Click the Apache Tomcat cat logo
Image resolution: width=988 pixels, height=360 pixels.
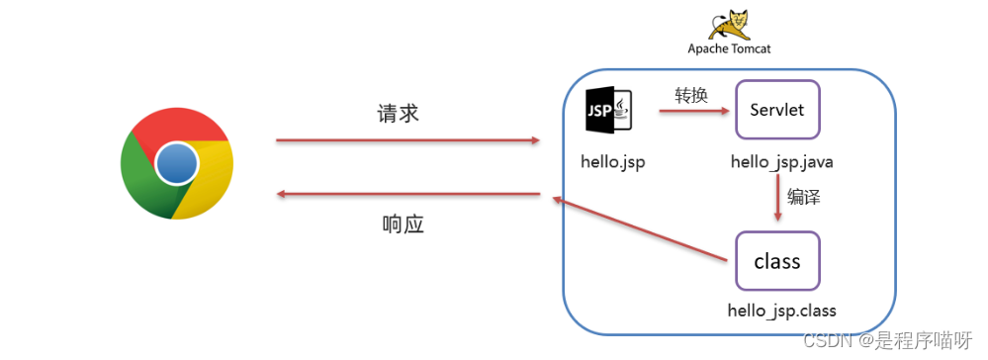point(729,25)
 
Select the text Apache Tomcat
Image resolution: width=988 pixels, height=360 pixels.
point(729,48)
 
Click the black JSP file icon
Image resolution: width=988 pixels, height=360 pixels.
point(609,110)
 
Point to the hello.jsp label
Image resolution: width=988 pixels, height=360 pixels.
point(613,161)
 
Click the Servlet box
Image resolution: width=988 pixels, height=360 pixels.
point(777,110)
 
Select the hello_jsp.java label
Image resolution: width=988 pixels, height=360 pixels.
point(782,162)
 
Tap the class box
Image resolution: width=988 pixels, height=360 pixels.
point(777,260)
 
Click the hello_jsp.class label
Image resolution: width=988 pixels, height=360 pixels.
point(781,311)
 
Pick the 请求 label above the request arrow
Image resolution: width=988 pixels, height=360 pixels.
point(399,114)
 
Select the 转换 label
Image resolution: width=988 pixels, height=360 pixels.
point(692,95)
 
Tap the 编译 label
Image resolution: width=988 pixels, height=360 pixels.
point(803,197)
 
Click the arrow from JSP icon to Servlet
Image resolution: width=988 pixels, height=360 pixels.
point(694,111)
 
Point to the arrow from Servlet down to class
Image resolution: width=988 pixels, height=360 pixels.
point(778,198)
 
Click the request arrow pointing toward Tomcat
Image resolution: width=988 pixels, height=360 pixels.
point(408,140)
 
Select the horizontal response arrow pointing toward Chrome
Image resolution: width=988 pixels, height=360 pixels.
point(408,194)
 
